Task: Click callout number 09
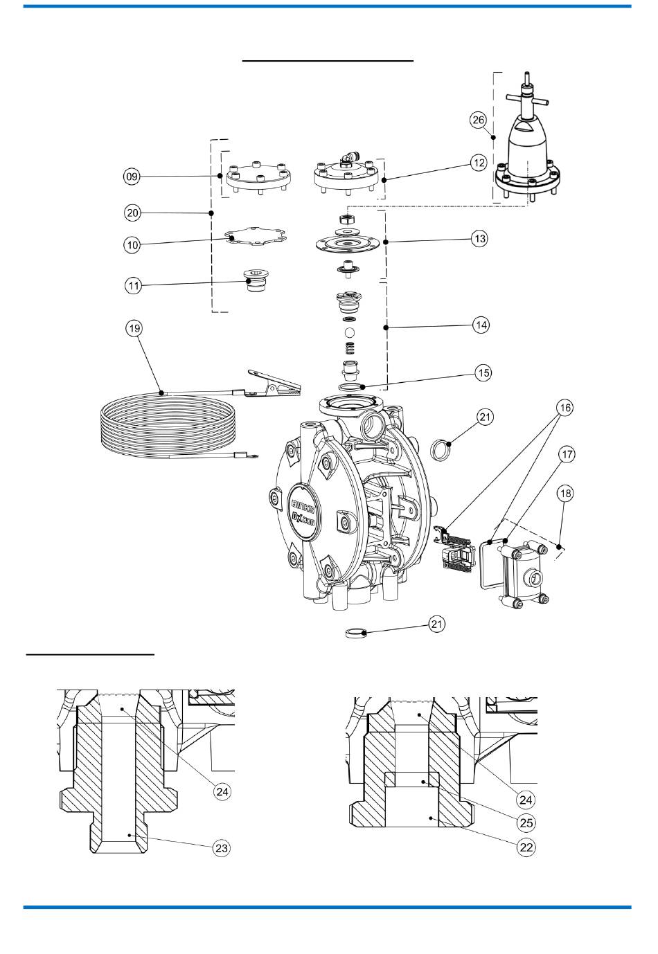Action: [x=132, y=176]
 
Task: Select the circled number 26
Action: [x=478, y=120]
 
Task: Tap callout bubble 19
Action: [x=134, y=328]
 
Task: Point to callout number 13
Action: [x=480, y=238]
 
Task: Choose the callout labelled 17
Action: [x=567, y=454]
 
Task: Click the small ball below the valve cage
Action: [x=349, y=332]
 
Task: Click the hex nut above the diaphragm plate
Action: [x=346, y=219]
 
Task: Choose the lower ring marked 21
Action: [x=355, y=633]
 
